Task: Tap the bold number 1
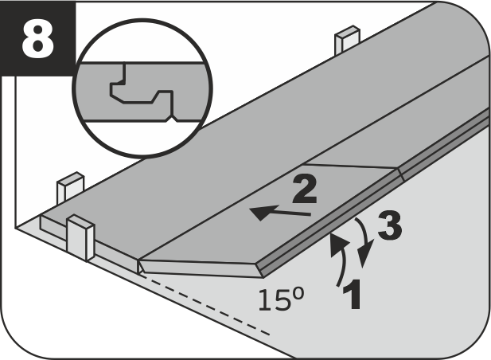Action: pyautogui.click(x=353, y=295)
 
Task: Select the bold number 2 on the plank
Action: pyautogui.click(x=304, y=190)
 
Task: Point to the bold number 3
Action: pyautogui.click(x=390, y=225)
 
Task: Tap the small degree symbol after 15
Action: pyautogui.click(x=298, y=294)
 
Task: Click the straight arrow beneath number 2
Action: pyautogui.click(x=280, y=212)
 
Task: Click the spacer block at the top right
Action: pyautogui.click(x=347, y=39)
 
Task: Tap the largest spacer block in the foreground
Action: pyautogui.click(x=80, y=237)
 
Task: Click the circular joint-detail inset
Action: pyautogui.click(x=142, y=88)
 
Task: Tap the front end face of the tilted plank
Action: pyautogui.click(x=201, y=268)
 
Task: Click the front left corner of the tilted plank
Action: pyautogui.click(x=139, y=260)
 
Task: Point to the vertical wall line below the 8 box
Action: pyautogui.click(x=15, y=152)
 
